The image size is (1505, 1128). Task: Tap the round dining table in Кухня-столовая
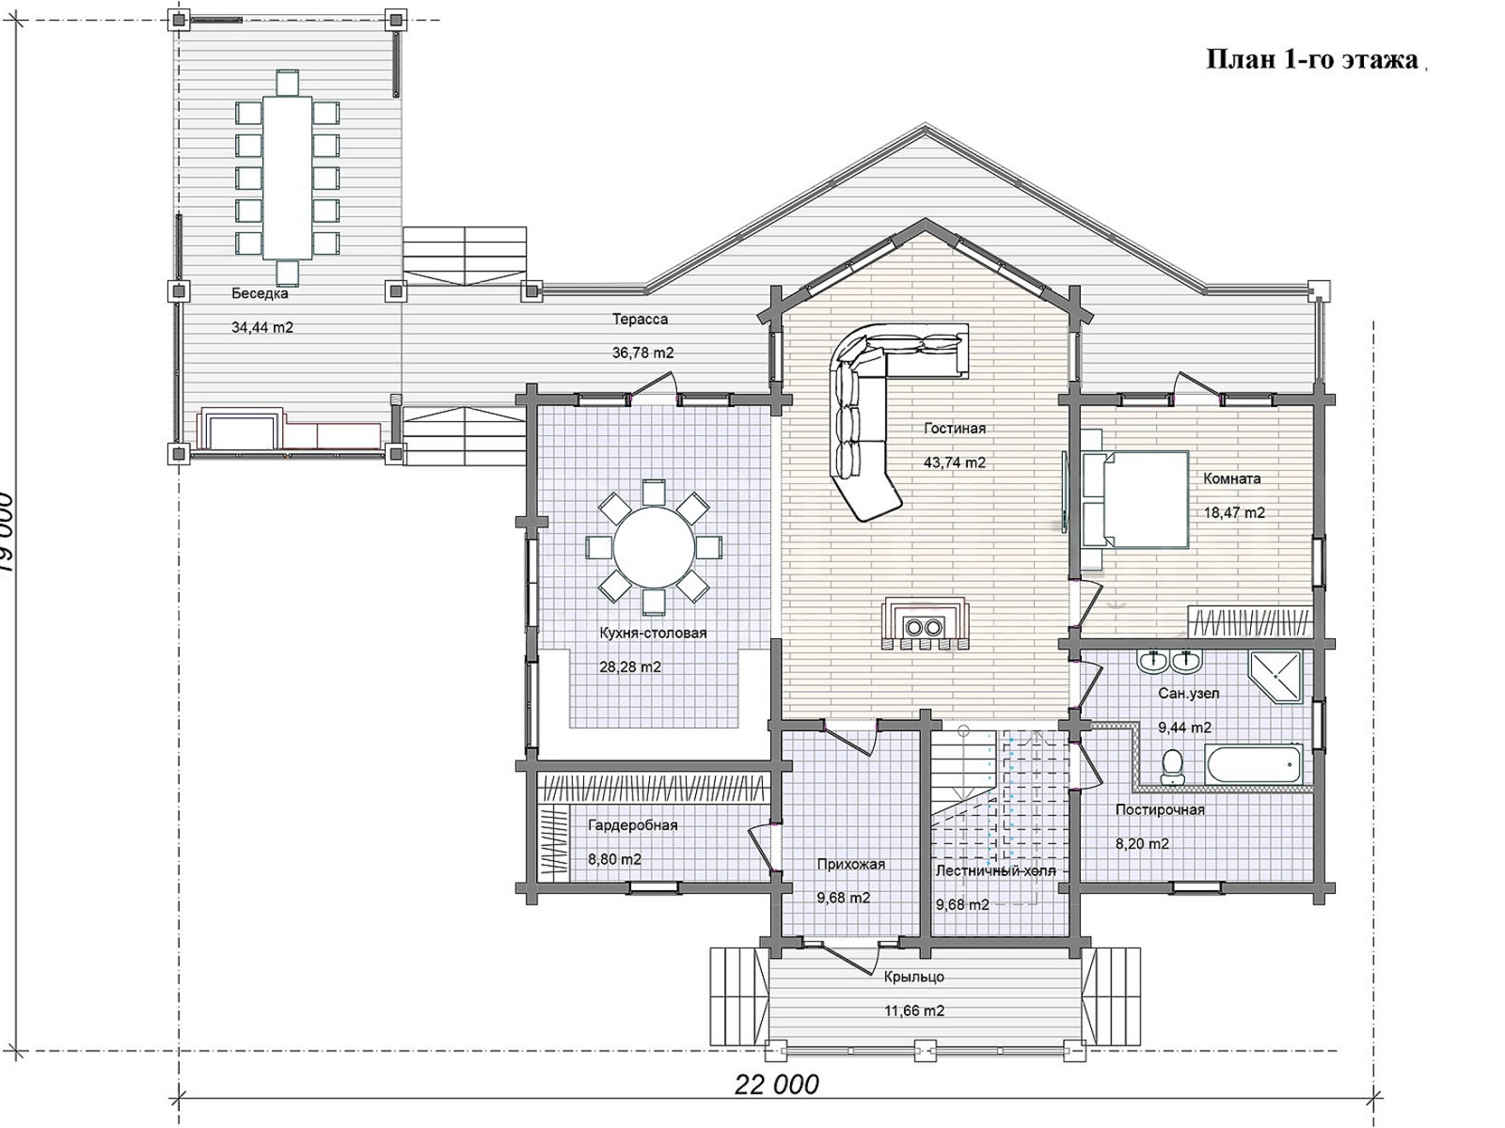point(654,546)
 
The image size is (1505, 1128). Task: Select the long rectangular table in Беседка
point(287,178)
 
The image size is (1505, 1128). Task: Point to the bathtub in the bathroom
point(1253,765)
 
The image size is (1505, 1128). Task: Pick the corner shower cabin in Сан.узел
point(1275,677)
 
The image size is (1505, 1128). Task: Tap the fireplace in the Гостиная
point(926,622)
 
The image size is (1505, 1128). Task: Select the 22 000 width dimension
point(776,1085)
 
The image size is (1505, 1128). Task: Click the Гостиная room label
point(955,429)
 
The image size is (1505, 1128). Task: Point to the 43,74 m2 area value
point(955,462)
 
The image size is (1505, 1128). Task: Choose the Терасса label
point(640,320)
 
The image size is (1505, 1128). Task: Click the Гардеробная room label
point(633,825)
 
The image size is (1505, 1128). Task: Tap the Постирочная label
point(1160,809)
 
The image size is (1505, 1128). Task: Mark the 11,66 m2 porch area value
point(914,1010)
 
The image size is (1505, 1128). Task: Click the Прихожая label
point(851,864)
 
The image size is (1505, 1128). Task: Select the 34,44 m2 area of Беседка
point(261,327)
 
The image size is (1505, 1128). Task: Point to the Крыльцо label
point(914,977)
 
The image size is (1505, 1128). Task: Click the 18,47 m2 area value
point(1234,512)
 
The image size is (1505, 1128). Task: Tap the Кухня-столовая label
point(653,633)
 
